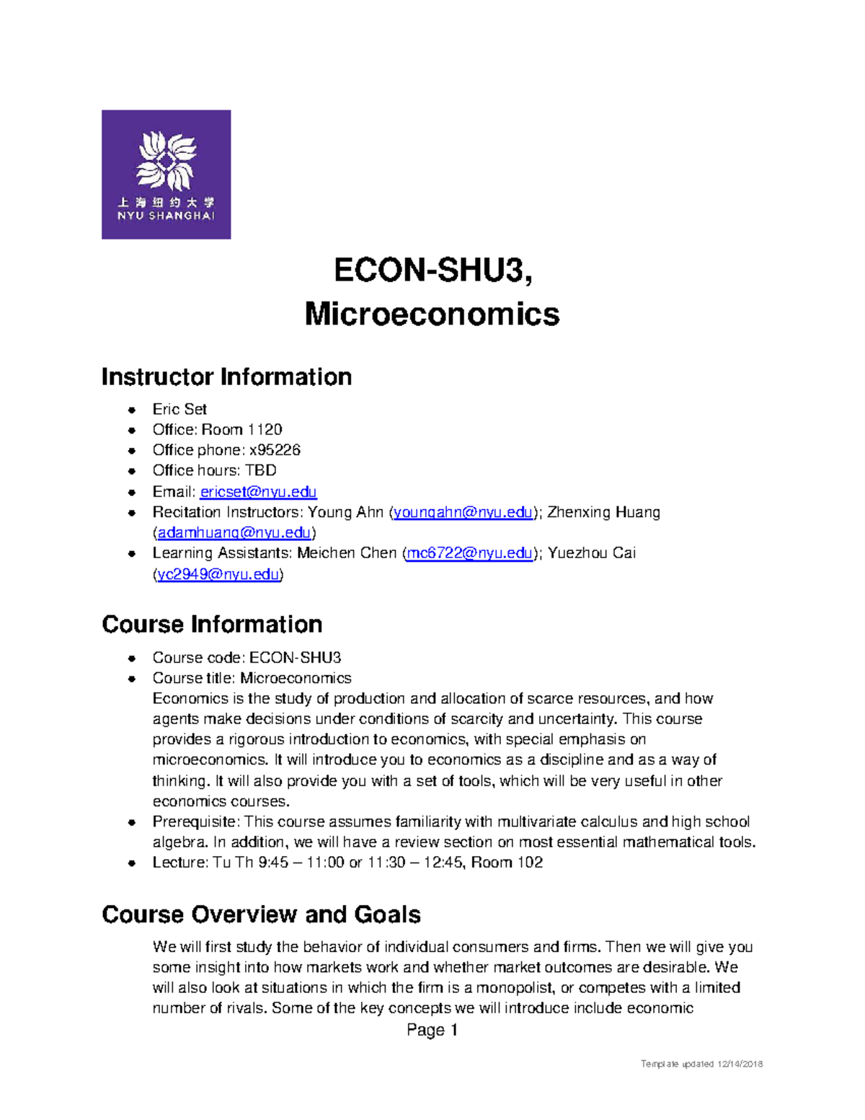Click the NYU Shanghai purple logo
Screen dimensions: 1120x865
pos(166,175)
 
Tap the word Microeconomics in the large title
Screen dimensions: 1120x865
pos(432,314)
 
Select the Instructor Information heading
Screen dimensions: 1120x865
pos(226,377)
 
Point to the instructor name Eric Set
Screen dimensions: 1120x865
pos(179,409)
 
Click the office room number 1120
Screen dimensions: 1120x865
pos(265,430)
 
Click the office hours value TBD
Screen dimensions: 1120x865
pos(261,470)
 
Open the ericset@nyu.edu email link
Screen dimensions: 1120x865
pos(258,492)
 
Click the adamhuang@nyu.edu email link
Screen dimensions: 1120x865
pos(234,533)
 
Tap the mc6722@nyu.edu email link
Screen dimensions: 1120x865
pos(469,553)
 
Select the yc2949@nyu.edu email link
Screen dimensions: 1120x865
pos(218,575)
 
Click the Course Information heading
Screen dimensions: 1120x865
pos(212,625)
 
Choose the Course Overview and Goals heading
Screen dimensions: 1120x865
pos(261,914)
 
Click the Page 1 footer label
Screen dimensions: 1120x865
pos(432,1030)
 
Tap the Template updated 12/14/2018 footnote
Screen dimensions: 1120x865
pos(701,1064)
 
